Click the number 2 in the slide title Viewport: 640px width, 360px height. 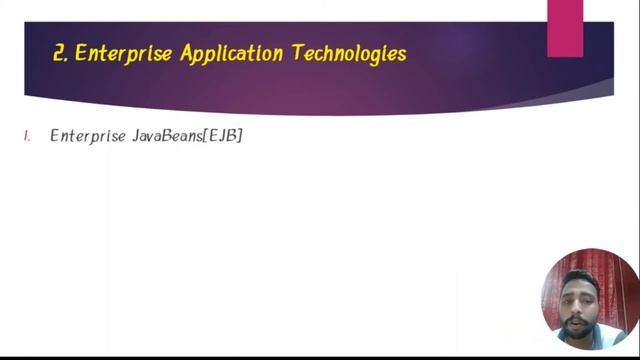coord(59,53)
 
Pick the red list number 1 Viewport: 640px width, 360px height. coord(28,136)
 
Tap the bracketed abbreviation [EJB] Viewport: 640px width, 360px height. coord(223,136)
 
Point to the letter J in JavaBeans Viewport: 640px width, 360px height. coord(135,136)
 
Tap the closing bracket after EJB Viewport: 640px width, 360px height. coord(240,136)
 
